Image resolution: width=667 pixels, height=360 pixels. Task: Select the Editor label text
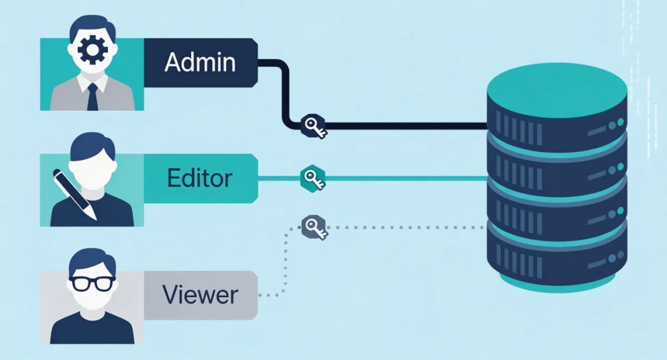[200, 178]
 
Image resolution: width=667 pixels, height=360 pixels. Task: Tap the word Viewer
[200, 294]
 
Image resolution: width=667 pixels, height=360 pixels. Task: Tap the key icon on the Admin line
[312, 127]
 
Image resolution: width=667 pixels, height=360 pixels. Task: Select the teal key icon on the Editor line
[312, 178]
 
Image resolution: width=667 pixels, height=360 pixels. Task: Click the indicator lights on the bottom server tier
[616, 256]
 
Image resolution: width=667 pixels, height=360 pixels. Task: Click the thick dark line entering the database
[400, 126]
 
